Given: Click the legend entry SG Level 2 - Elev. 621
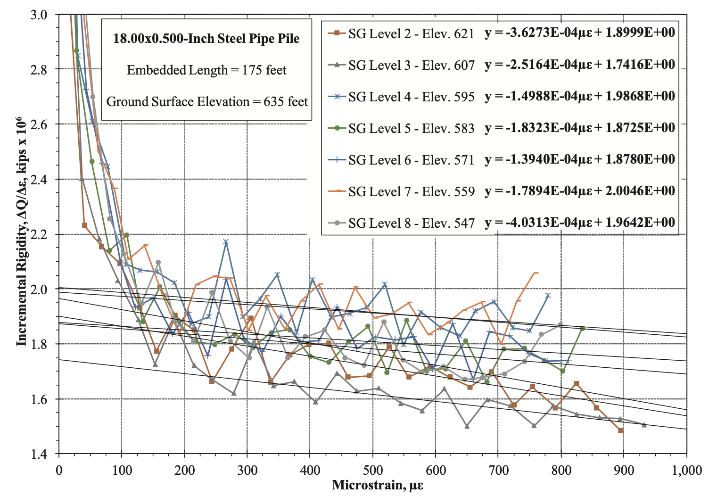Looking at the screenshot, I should (x=411, y=33).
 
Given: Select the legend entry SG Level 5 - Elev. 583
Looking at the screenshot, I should (x=411, y=128).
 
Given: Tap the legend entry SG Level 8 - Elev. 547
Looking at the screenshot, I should (x=411, y=223).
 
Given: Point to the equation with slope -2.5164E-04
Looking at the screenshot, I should (x=579, y=65).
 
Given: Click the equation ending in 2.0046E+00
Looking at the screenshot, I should (x=579, y=191).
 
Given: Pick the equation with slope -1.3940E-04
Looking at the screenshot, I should (x=579, y=159).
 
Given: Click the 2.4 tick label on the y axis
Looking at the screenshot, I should (x=39, y=180).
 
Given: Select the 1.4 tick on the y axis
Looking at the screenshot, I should (x=39, y=455).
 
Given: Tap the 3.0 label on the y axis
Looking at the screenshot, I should (x=39, y=15).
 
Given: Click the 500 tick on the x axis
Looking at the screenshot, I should (x=372, y=470).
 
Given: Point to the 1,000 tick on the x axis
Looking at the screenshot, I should (x=686, y=470).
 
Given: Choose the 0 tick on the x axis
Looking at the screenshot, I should (x=59, y=470).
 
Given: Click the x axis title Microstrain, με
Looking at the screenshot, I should (x=377, y=485).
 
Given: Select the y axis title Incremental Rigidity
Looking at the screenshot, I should (x=21, y=231).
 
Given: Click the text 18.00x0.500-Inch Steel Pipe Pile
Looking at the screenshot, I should (x=206, y=39).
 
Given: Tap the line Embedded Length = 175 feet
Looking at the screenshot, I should (x=206, y=70).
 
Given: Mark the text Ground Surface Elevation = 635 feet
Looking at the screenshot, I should (x=206, y=102).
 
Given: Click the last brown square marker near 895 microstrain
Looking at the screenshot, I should (x=621, y=430).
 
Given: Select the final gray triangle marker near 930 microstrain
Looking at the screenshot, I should (x=644, y=425).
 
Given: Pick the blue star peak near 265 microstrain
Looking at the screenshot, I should (x=226, y=242).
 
